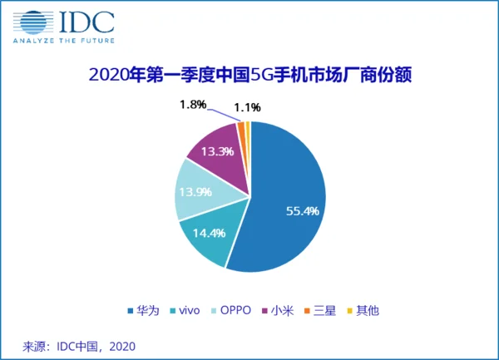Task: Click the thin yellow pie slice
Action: coord(247,129)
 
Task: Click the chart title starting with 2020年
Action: coord(250,76)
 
